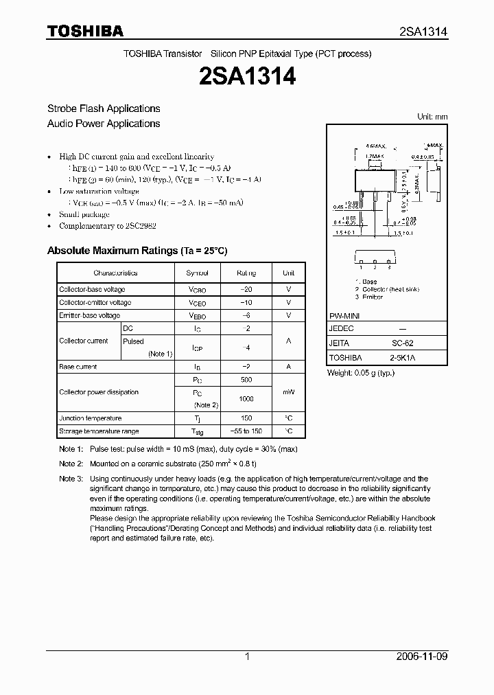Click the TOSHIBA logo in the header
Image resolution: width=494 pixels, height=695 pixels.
85,31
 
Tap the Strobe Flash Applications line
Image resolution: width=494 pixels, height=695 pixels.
104,109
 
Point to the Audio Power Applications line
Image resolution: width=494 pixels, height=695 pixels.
104,124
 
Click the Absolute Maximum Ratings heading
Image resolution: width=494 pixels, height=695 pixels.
137,251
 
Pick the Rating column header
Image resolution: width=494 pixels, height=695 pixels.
246,273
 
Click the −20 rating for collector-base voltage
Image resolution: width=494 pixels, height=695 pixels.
246,290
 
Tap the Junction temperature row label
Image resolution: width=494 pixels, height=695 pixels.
90,418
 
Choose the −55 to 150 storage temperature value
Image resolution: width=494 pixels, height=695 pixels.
246,431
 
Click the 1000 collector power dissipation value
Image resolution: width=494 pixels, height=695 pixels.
246,399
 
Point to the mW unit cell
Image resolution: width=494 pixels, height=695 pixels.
288,392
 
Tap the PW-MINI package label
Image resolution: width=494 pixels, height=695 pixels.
344,315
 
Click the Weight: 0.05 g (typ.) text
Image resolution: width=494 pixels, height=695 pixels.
361,372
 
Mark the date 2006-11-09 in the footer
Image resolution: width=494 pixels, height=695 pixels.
422,657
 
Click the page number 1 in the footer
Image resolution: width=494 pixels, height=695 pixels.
247,657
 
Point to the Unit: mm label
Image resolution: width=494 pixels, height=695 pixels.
432,117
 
